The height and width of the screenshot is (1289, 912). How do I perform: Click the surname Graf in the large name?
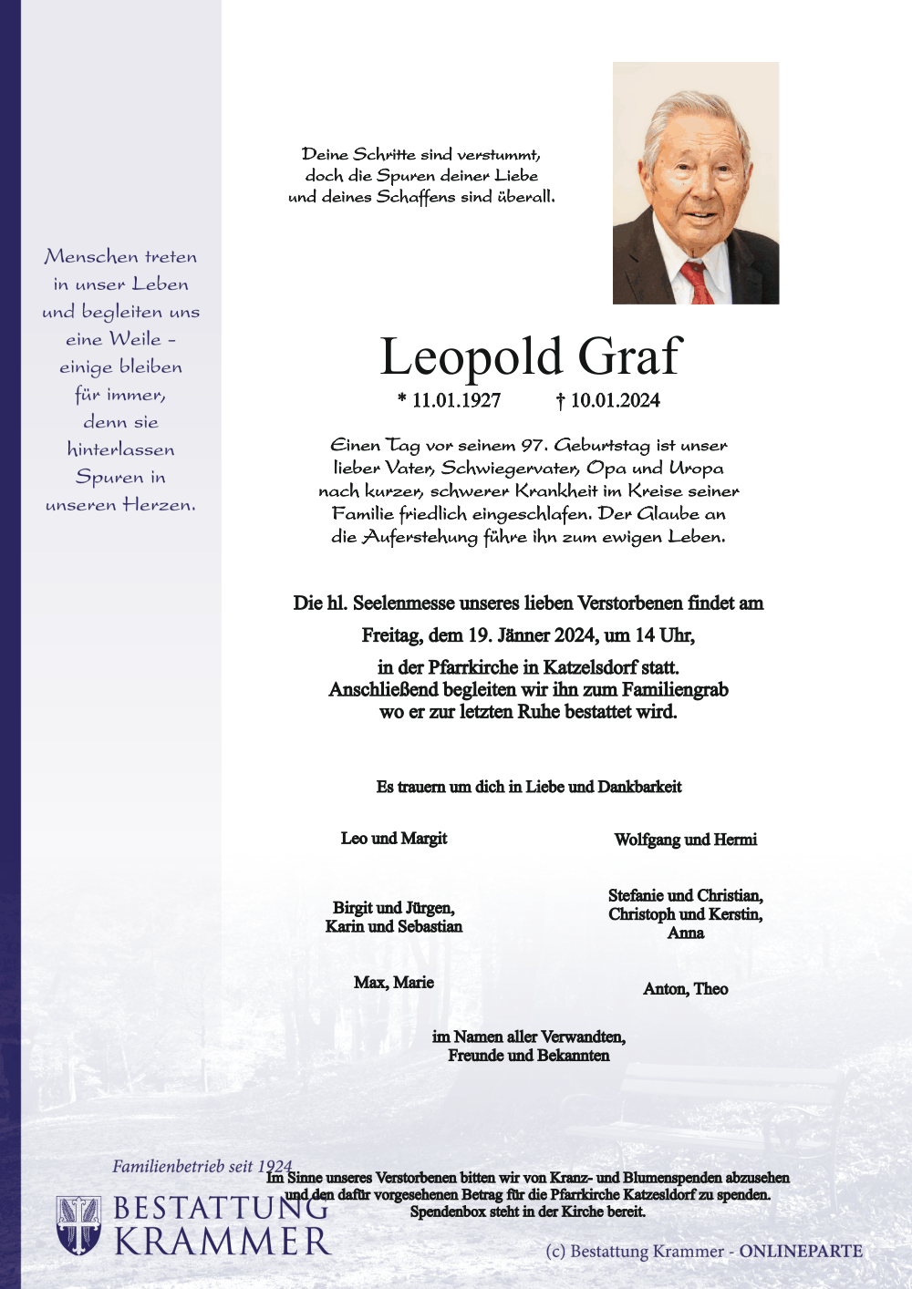pos(629,356)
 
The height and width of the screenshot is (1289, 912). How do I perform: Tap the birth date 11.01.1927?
pos(456,400)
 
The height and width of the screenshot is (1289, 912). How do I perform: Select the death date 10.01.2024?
pos(615,400)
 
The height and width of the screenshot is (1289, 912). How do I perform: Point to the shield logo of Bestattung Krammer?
pos(79,1225)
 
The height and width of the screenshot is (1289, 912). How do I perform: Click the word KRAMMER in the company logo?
pos(222,1242)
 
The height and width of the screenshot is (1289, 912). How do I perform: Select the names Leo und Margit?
pos(394,839)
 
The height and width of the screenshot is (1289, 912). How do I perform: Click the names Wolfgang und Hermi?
pos(685,840)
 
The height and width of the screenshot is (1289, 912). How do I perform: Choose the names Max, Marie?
pos(394,983)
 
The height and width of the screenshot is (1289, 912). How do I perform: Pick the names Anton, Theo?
pos(685,989)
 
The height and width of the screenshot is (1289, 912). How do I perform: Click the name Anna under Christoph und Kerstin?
pos(685,933)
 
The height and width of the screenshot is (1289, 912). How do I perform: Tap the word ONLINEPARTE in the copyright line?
pos(801,1252)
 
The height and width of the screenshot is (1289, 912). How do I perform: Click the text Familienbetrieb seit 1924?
pos(202,1167)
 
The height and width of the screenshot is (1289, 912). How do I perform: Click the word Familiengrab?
pos(675,690)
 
